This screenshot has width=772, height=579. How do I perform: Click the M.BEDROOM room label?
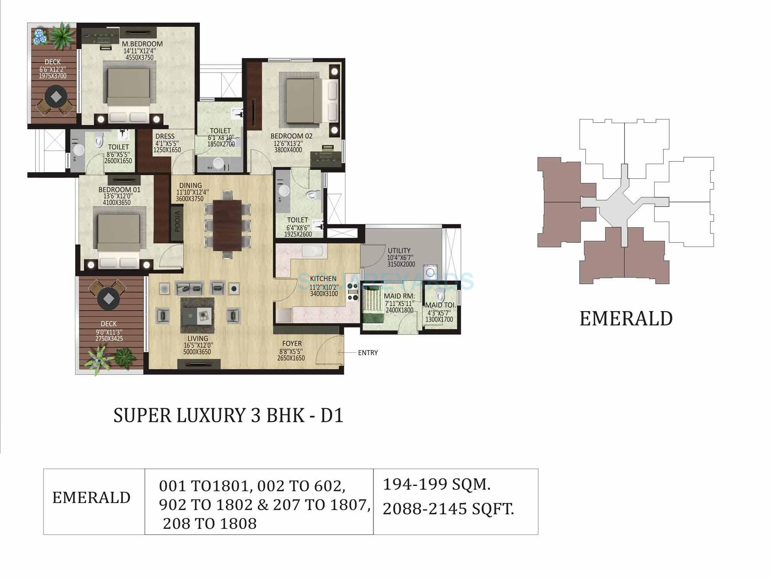(x=142, y=44)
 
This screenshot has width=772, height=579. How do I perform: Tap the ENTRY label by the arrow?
(x=367, y=353)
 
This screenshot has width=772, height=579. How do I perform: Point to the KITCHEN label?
(x=323, y=279)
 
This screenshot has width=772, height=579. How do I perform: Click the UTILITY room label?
(x=399, y=251)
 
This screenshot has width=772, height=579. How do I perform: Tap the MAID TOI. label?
(x=440, y=305)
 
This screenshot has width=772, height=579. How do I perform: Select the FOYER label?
(x=292, y=344)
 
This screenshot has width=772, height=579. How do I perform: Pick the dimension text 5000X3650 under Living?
(x=197, y=352)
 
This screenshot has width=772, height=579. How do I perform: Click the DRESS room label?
(x=165, y=136)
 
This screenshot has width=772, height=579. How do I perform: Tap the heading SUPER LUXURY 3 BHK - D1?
(x=228, y=416)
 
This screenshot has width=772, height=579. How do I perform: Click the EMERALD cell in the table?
(x=91, y=498)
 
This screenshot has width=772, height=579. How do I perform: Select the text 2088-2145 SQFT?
(x=448, y=509)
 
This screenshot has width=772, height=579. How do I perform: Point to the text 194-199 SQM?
(x=437, y=484)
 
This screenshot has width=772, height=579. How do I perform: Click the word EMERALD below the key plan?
(x=626, y=319)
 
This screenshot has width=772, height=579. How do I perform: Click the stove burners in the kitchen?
(x=353, y=292)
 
